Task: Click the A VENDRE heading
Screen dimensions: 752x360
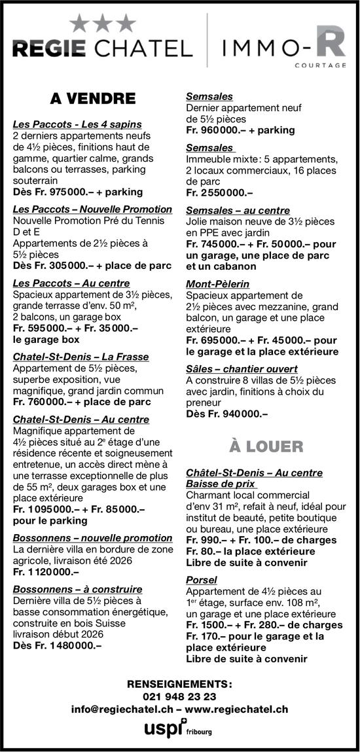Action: [92, 99]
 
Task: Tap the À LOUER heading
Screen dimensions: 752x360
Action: [266, 447]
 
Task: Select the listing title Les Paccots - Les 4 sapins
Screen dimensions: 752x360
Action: [77, 124]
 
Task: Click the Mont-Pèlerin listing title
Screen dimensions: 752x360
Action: [214, 285]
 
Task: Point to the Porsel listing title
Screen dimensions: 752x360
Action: [202, 581]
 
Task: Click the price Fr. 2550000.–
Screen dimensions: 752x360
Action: [219, 192]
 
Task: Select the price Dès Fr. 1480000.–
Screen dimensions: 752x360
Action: [57, 645]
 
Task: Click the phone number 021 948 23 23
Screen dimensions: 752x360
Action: [179, 696]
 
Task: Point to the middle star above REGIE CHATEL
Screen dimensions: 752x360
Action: [102, 24]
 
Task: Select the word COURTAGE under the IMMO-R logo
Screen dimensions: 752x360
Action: [320, 65]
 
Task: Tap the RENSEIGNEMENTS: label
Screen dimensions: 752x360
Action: [179, 684]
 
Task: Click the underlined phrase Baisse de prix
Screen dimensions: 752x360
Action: [221, 484]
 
